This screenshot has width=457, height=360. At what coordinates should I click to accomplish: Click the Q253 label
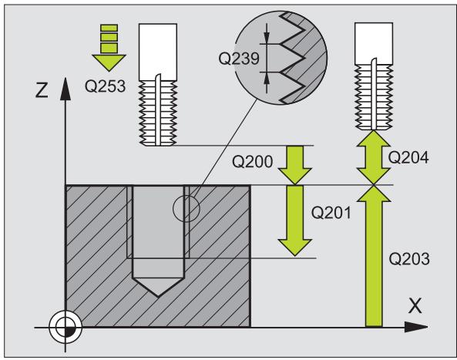(x=105, y=86)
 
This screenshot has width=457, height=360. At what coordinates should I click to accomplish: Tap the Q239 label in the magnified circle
(x=239, y=59)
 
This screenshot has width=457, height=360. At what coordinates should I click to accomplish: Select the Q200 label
(x=253, y=161)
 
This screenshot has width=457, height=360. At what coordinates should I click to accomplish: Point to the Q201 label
(x=331, y=213)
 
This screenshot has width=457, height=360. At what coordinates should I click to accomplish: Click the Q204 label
(x=408, y=158)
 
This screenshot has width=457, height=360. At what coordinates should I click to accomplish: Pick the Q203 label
(x=409, y=258)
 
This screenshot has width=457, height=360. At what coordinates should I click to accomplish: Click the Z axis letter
(x=42, y=89)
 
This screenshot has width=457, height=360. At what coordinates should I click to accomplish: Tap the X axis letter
(x=415, y=306)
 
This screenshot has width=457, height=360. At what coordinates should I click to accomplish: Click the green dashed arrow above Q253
(x=109, y=48)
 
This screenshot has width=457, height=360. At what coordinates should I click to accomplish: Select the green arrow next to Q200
(x=295, y=165)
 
